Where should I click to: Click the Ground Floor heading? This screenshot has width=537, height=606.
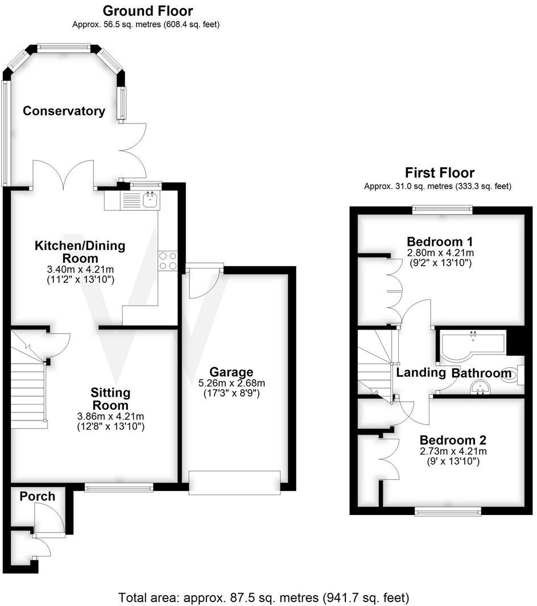click(x=147, y=11)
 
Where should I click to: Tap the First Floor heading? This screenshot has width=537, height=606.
click(x=439, y=172)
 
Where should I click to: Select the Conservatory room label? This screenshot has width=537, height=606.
click(x=64, y=111)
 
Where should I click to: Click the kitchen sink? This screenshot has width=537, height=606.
click(x=151, y=200)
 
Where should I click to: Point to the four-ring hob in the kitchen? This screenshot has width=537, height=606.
click(x=168, y=261)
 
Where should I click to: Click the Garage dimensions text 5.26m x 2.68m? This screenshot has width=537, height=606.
click(x=231, y=383)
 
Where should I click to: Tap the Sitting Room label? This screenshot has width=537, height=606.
click(x=110, y=399)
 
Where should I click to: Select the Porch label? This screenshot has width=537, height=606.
click(x=38, y=496)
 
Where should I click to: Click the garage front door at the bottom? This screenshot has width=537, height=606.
click(x=234, y=482)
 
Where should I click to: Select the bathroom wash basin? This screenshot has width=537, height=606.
click(x=481, y=388)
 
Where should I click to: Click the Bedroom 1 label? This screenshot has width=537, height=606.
click(x=440, y=241)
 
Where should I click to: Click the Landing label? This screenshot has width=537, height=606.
click(x=420, y=373)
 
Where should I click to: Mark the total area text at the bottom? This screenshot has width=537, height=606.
click(x=263, y=597)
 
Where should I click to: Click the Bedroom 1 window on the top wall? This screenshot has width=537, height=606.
click(x=442, y=209)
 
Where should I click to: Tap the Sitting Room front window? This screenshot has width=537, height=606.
click(x=119, y=487)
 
